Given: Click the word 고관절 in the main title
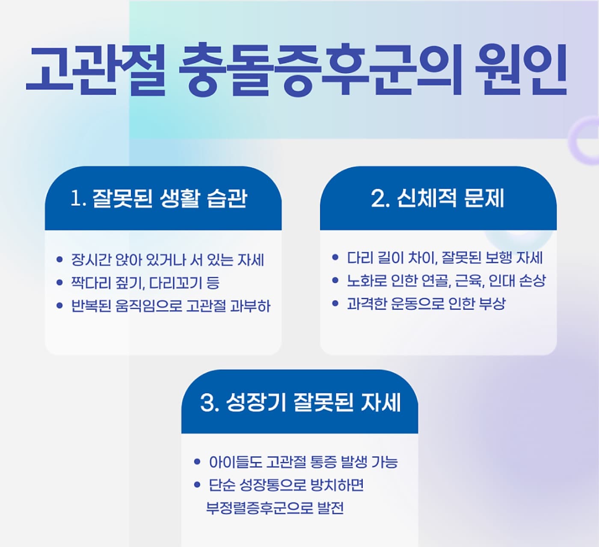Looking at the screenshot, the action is point(95,70).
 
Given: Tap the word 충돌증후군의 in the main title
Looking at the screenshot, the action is point(320,70).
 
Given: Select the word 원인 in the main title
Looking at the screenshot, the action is point(521,70).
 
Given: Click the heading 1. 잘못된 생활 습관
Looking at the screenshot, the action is point(159,198).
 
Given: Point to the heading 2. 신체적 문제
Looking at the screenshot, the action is point(437,198).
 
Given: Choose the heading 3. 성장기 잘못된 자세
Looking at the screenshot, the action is point(300,403).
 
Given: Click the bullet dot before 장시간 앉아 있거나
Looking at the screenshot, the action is point(59,259).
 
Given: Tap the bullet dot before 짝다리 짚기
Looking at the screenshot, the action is point(59,282).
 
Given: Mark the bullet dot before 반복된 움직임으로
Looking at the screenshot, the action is point(59,306).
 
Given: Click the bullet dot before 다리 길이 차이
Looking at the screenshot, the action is point(335,257).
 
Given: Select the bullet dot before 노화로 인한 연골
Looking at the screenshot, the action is point(335,280).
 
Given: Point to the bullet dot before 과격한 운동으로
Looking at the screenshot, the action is point(335,303).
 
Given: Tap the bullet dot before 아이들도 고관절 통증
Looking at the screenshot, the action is point(197,462).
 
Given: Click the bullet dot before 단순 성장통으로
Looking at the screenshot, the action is point(197,485).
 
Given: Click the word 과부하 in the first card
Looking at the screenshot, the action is point(250,306).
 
